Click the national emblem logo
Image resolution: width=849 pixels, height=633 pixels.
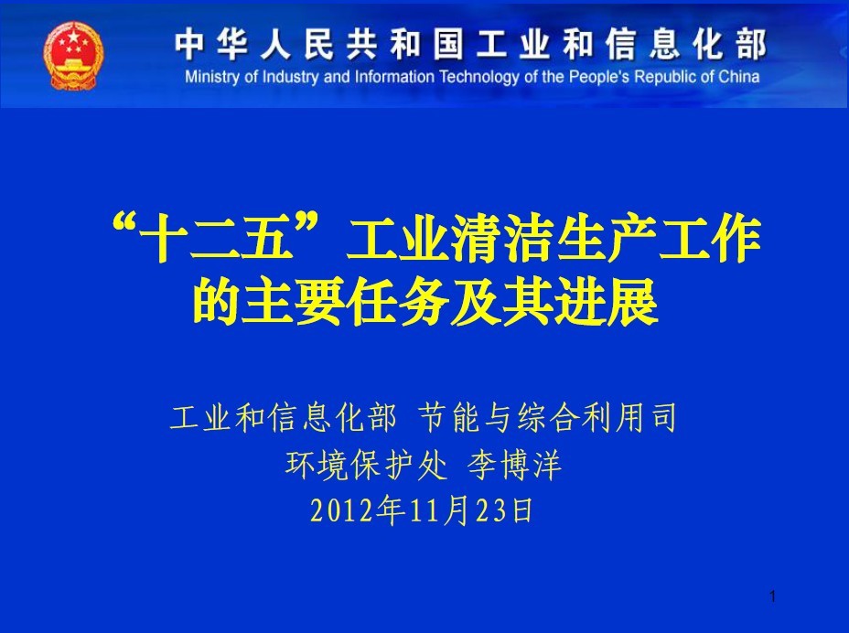(73, 55)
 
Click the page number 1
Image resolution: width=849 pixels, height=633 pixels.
(773, 596)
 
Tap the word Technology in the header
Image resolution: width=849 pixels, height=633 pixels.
(479, 78)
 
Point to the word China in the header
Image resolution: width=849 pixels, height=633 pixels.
(738, 77)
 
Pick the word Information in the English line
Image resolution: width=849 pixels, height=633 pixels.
(394, 77)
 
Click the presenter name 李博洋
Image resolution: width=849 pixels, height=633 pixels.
(514, 465)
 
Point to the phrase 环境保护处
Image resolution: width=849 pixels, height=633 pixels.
(367, 465)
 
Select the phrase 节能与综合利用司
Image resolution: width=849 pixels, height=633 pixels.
(548, 417)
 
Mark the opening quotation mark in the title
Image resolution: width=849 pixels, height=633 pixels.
(124, 224)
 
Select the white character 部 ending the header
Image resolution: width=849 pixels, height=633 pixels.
(750, 45)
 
